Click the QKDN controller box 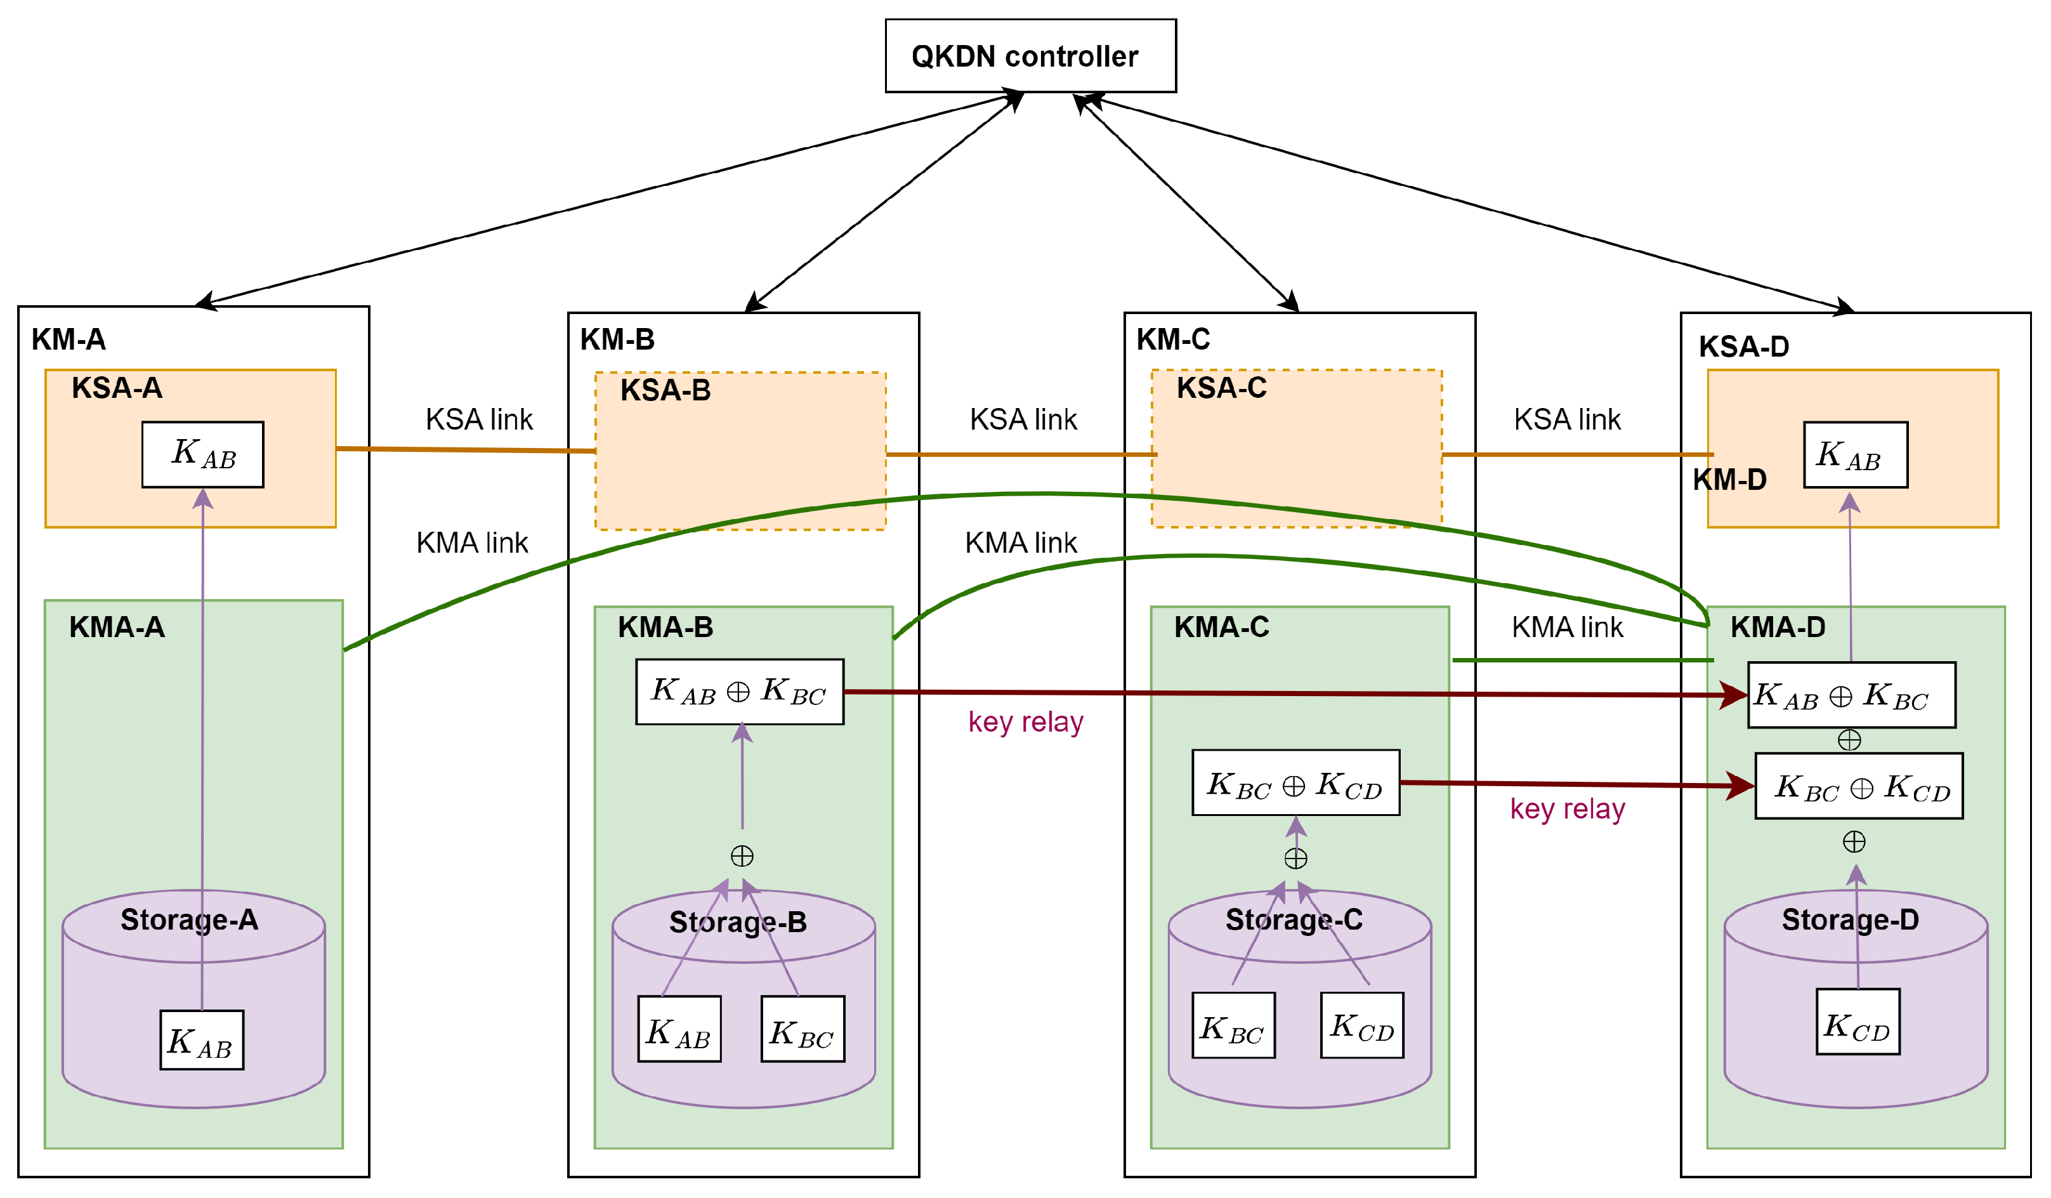[x=1030, y=55]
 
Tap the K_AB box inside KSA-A [x=202, y=454]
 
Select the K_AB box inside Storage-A [x=201, y=1039]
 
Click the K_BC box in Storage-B [x=803, y=1029]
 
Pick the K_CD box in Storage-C [x=1361, y=1025]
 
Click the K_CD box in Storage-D [x=1858, y=1022]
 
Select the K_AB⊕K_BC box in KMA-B [x=739, y=691]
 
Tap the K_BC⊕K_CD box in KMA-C [x=1295, y=782]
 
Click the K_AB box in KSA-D [x=1855, y=454]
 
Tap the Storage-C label [x=1294, y=919]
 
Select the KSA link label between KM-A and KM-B [x=478, y=419]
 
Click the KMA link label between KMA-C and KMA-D [x=1567, y=627]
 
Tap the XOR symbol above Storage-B [x=742, y=855]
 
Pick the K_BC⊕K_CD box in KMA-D [x=1858, y=786]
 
